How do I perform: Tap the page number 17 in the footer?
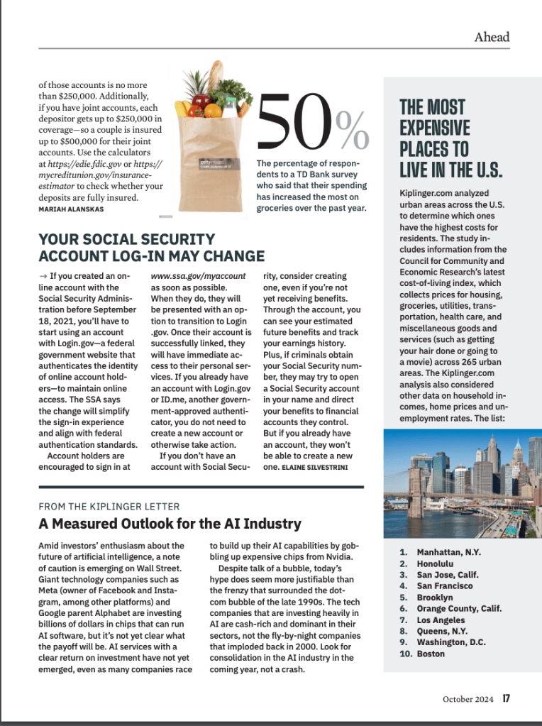tap(506, 698)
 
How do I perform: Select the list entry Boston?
tap(431, 654)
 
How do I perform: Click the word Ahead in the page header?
tap(492, 37)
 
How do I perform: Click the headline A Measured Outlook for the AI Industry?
tap(170, 524)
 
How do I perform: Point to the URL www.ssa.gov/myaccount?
tap(198, 275)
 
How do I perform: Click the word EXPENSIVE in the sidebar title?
tap(434, 128)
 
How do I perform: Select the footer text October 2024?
tap(468, 698)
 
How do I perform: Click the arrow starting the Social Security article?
tap(42, 275)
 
